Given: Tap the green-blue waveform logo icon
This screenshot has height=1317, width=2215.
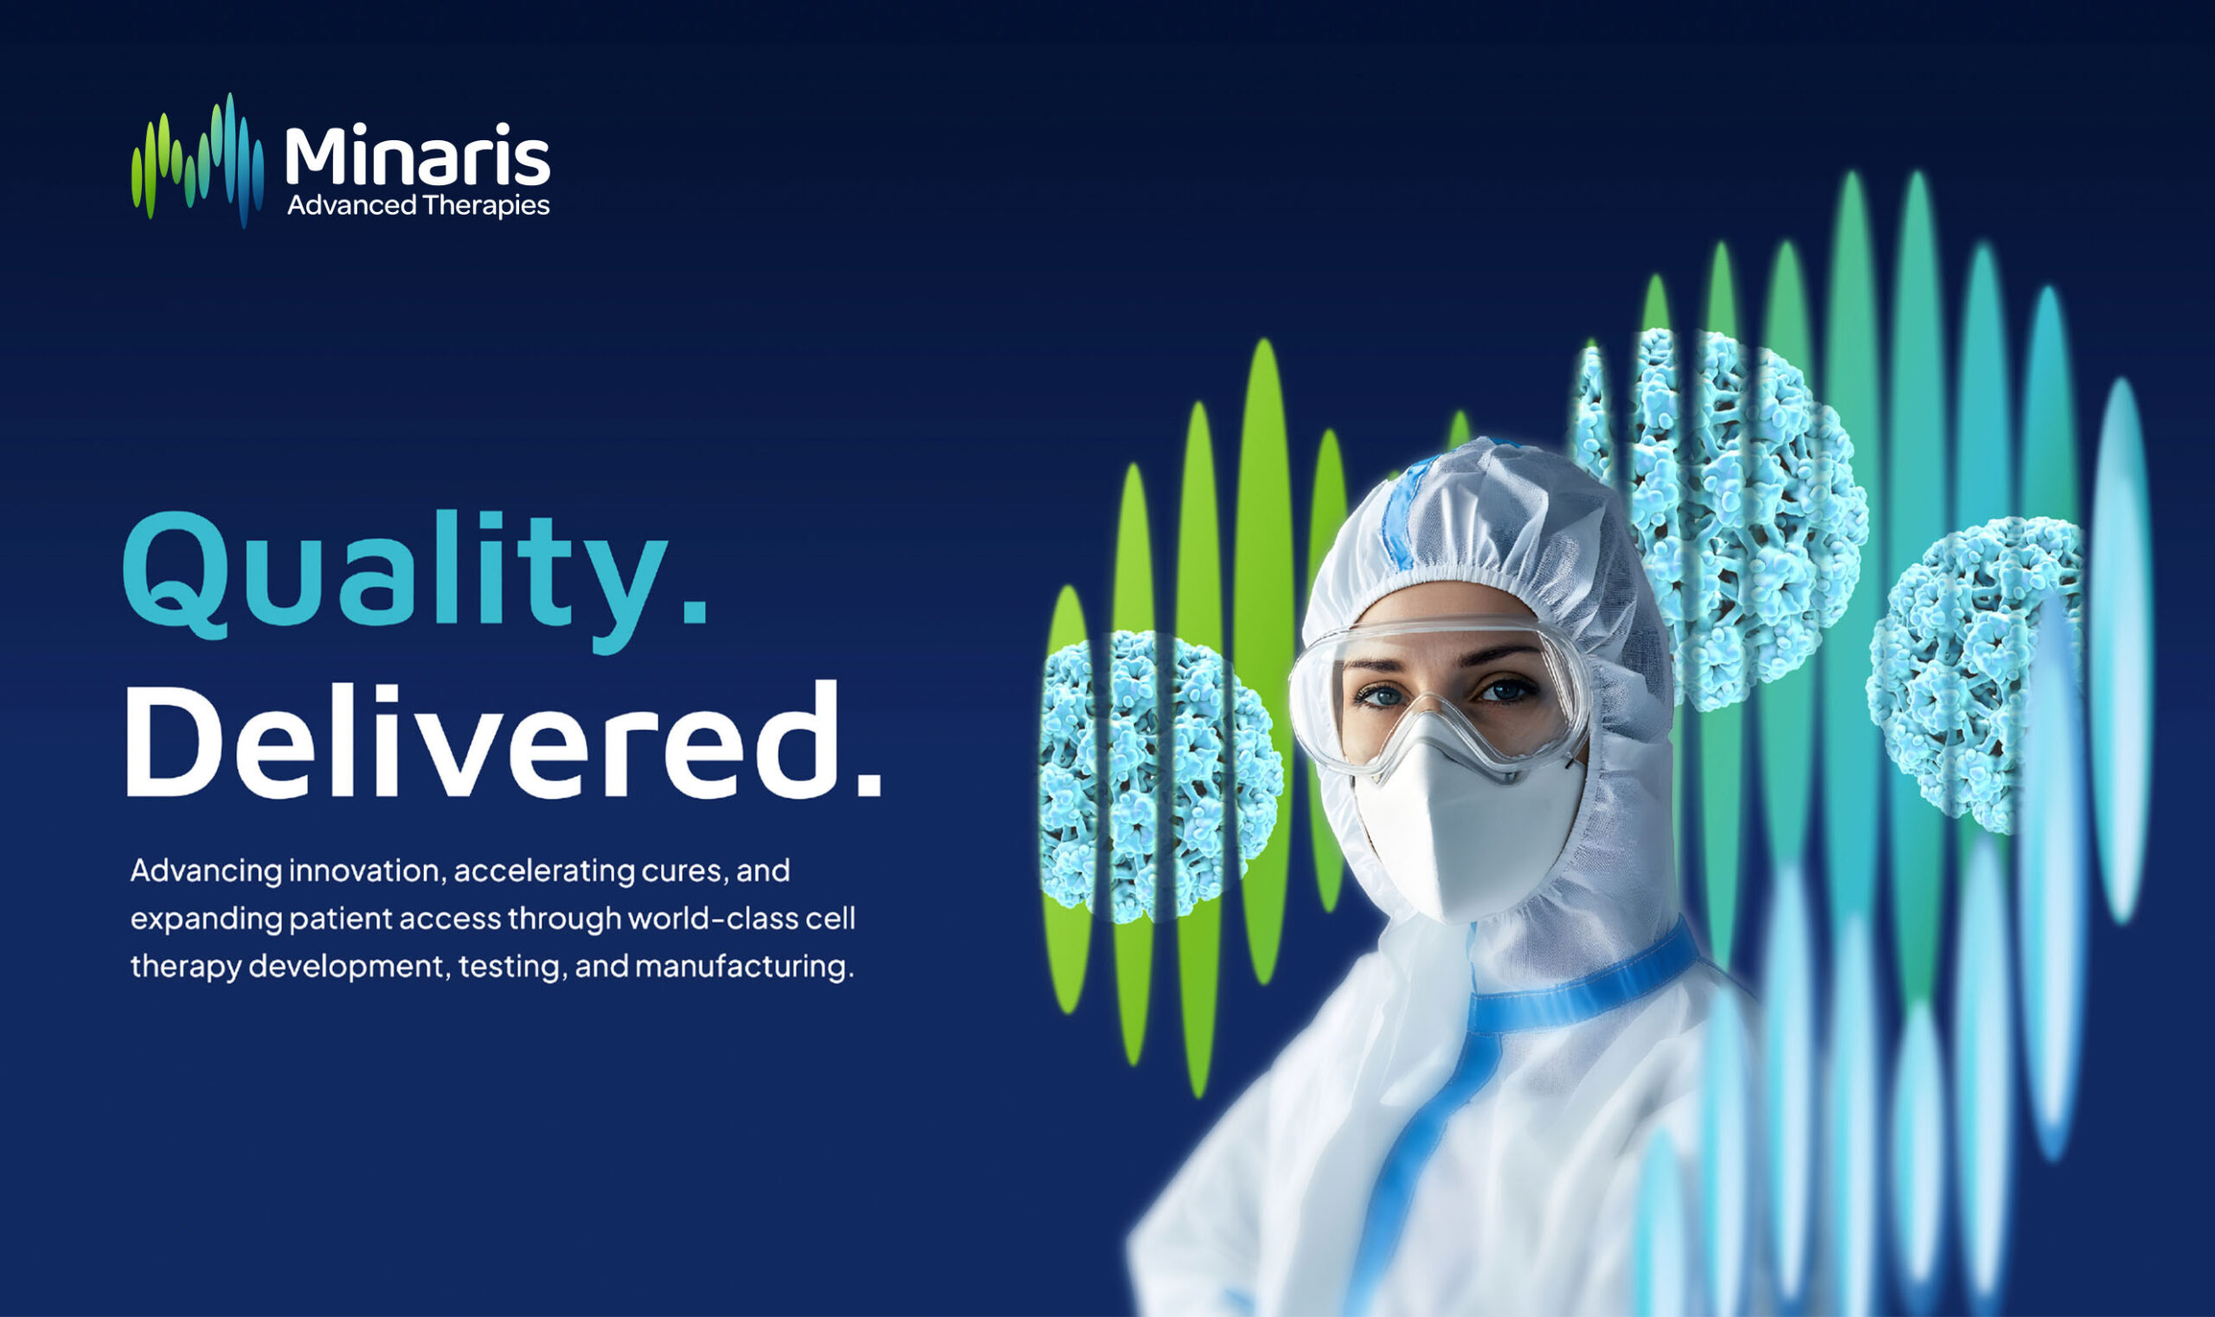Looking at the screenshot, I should pos(197,160).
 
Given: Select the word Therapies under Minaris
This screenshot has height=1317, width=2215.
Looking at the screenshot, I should pos(485,206).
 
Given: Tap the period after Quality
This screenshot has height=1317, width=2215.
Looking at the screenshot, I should pos(697,613).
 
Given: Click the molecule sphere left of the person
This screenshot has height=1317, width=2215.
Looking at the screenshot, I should pos(1158,776).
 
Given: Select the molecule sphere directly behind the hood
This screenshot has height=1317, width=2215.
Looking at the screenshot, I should pos(1739,515).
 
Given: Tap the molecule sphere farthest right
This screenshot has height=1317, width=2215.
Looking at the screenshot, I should pos(1974,674).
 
